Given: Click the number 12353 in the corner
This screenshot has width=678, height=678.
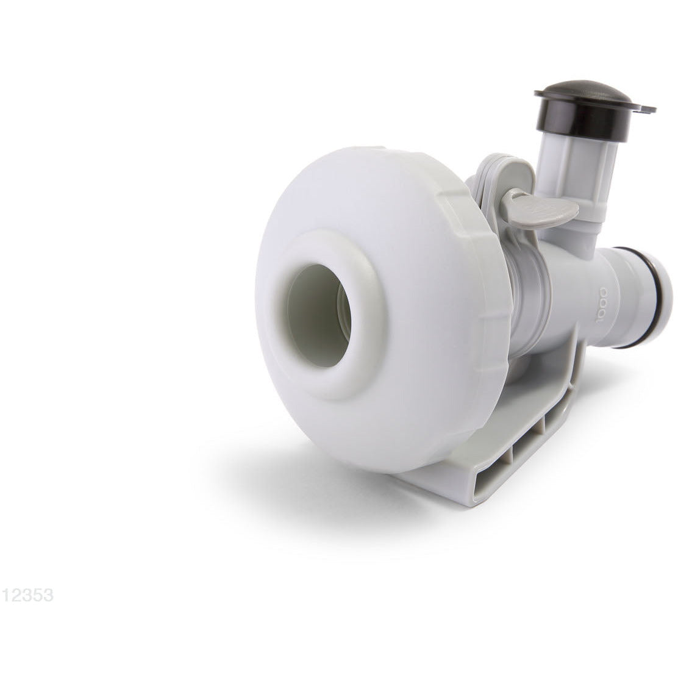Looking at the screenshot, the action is click(x=27, y=595).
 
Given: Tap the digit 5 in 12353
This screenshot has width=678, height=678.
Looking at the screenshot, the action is click(x=38, y=595).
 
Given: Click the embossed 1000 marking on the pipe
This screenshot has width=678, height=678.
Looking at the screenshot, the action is click(x=602, y=304).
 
